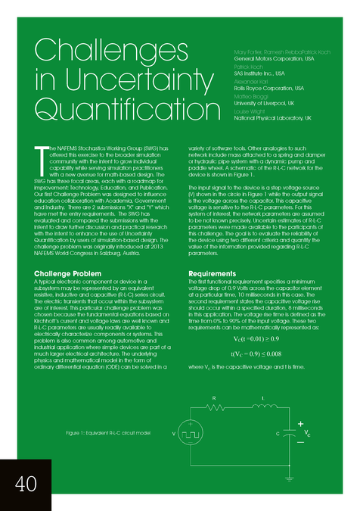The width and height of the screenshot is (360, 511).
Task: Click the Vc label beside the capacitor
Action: click(x=309, y=433)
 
